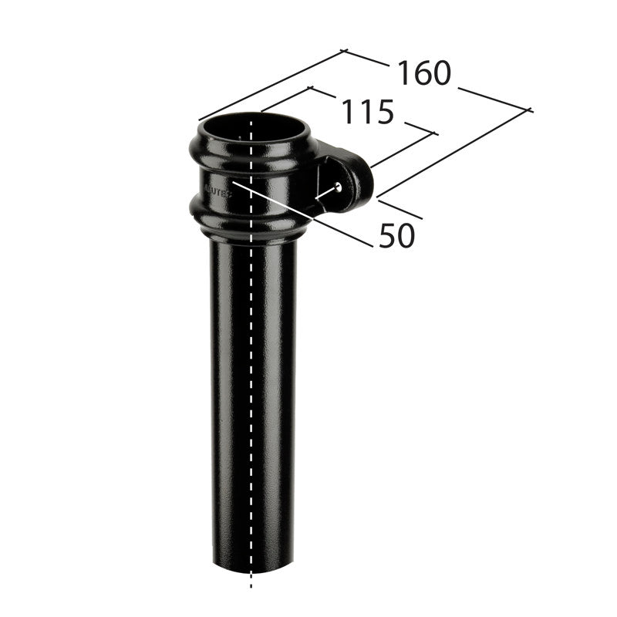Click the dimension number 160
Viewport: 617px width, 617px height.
click(423, 73)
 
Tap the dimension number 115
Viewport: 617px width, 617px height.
click(368, 113)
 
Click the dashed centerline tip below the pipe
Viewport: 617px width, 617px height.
click(251, 586)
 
